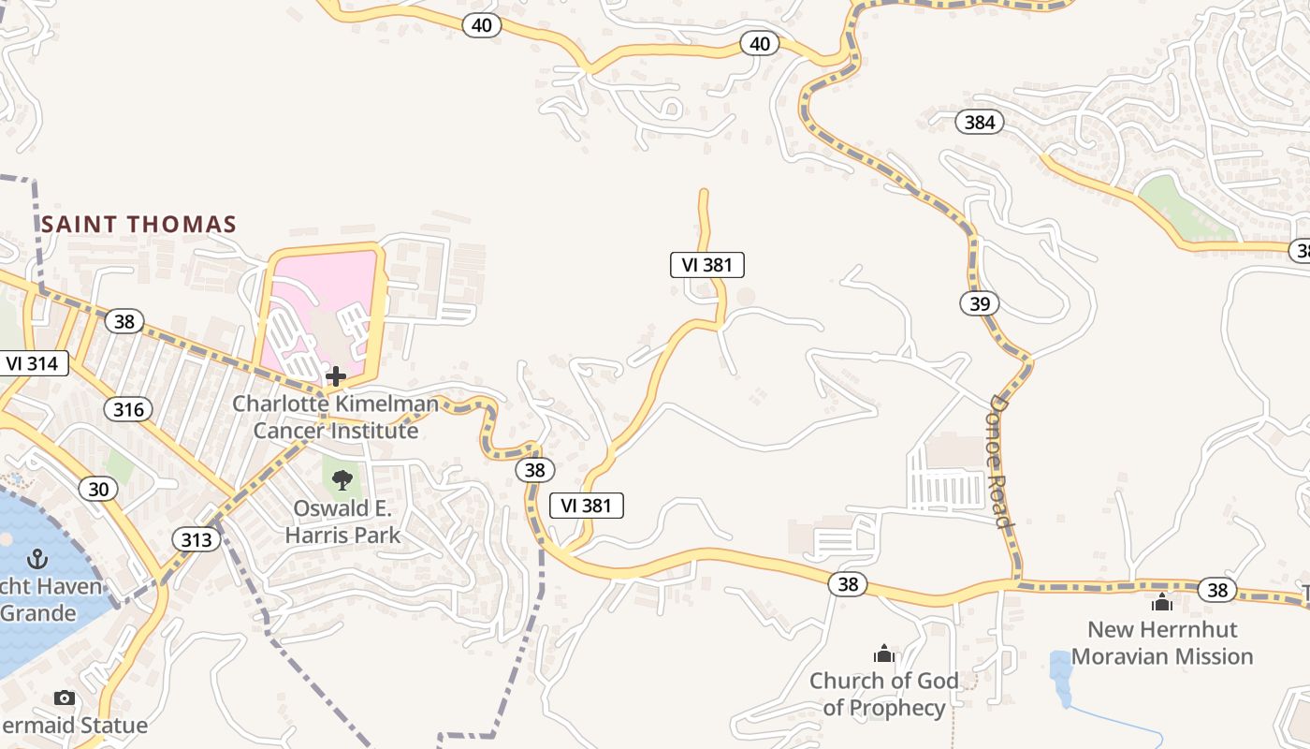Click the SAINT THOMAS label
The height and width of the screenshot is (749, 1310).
coord(138,225)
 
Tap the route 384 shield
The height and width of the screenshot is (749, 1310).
coord(979,122)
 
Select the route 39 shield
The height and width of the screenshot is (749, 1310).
coord(979,303)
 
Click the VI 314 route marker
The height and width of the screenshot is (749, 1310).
coord(33,363)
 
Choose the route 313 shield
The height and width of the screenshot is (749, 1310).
coord(196,539)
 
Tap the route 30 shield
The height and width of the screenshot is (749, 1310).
coord(99,488)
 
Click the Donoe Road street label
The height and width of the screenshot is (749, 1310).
coord(1001,461)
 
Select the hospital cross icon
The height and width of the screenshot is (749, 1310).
coord(336,376)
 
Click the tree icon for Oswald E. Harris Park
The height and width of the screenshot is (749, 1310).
coord(342,480)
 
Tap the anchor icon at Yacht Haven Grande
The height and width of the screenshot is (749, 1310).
coord(37,560)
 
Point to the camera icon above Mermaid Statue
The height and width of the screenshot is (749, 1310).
coord(65,698)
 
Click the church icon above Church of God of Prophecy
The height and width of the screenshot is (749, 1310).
coord(884,654)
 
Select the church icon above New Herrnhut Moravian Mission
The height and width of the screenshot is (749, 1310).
coord(1162,602)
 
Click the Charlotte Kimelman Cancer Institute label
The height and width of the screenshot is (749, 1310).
coord(335,418)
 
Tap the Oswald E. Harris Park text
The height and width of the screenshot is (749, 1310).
coord(342,522)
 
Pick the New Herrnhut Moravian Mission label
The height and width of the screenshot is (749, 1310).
coord(1162,642)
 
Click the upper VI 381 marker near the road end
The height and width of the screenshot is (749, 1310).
coord(707,265)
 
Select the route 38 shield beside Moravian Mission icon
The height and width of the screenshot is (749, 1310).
coord(1216,590)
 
